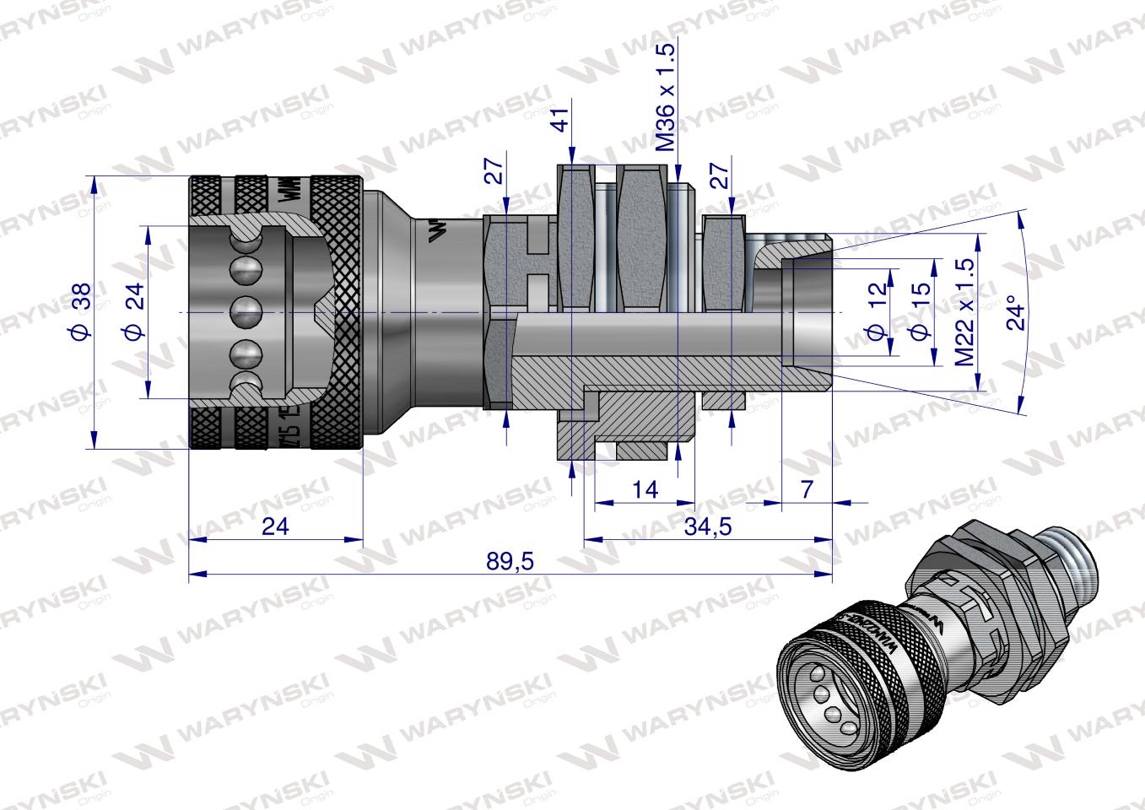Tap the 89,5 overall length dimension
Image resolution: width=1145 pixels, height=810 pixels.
coord(510,561)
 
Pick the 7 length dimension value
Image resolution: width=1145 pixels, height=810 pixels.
coord(806,489)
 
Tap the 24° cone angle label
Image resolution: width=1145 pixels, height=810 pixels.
coord(1018,313)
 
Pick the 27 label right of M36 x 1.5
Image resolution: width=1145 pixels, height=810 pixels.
coord(719,176)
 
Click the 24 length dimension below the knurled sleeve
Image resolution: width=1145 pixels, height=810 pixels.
coord(275,526)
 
